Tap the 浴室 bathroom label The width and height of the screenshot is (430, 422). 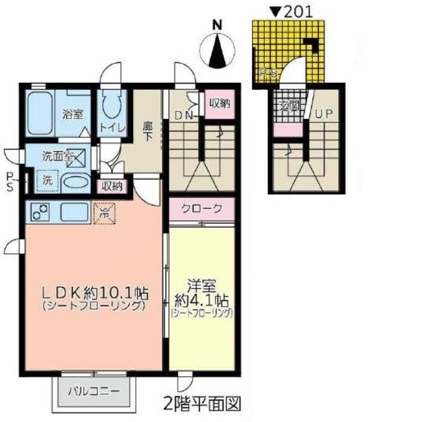click(72, 114)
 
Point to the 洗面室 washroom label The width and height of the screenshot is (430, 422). click(56, 157)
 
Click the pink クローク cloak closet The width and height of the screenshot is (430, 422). click(201, 209)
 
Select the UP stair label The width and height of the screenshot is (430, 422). click(325, 114)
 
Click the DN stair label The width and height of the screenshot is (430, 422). click(184, 116)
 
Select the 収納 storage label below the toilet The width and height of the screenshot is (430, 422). click(112, 186)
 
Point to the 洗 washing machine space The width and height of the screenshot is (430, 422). click(47, 180)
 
